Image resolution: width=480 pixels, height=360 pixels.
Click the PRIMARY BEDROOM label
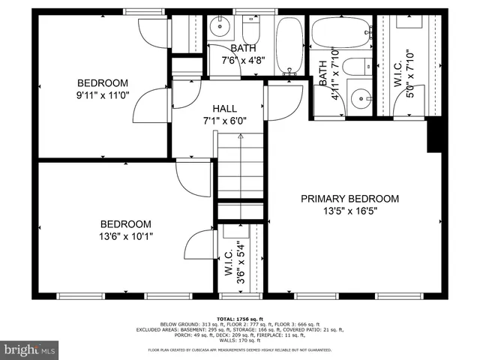coord(349,199)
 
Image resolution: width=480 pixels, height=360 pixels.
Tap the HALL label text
coord(224,108)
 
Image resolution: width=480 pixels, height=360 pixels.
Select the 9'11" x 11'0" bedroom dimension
coord(102,95)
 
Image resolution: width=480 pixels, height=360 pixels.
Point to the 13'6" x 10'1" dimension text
coord(126,236)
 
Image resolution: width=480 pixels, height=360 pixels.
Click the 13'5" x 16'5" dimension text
coord(349,211)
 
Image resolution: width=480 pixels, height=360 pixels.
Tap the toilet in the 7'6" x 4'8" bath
coord(250,30)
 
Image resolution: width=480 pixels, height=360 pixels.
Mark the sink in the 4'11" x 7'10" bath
coord(363,97)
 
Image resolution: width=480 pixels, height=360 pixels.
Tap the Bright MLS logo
coord(30,349)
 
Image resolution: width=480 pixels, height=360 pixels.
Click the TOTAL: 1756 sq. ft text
coord(239,318)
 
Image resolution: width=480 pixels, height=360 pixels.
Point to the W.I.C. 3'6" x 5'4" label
coord(234,259)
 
